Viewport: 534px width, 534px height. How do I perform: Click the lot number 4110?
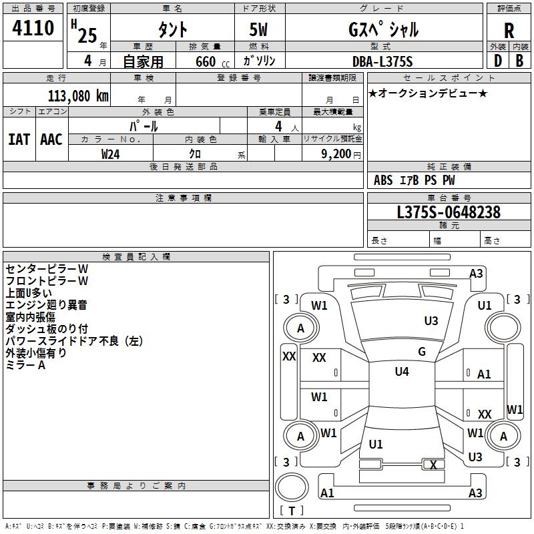click(33, 27)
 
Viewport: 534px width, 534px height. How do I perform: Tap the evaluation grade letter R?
click(509, 30)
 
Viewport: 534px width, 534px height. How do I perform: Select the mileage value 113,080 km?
click(78, 96)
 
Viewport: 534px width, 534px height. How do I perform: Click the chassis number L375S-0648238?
click(449, 212)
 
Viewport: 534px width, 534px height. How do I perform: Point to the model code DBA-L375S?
click(382, 61)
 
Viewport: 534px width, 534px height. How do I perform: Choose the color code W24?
click(110, 154)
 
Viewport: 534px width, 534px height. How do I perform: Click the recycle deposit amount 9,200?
click(336, 154)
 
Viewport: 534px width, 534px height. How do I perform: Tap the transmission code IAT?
click(19, 140)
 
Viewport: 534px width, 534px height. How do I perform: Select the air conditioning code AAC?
click(51, 140)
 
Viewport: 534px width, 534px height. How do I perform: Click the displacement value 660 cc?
click(212, 61)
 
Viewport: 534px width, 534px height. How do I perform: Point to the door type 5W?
click(258, 29)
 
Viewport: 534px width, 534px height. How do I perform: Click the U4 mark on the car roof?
click(402, 372)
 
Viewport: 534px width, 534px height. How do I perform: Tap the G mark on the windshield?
click(422, 352)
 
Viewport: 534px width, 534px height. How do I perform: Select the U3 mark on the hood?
click(431, 321)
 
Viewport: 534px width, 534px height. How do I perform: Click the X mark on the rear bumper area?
click(433, 465)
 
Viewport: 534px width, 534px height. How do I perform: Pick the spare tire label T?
click(292, 511)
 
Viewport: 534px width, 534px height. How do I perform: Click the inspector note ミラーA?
click(25, 365)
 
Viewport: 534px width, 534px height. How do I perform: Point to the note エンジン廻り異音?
click(46, 305)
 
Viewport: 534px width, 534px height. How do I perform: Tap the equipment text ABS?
click(383, 180)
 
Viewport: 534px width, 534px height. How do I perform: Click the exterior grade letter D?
click(498, 61)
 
